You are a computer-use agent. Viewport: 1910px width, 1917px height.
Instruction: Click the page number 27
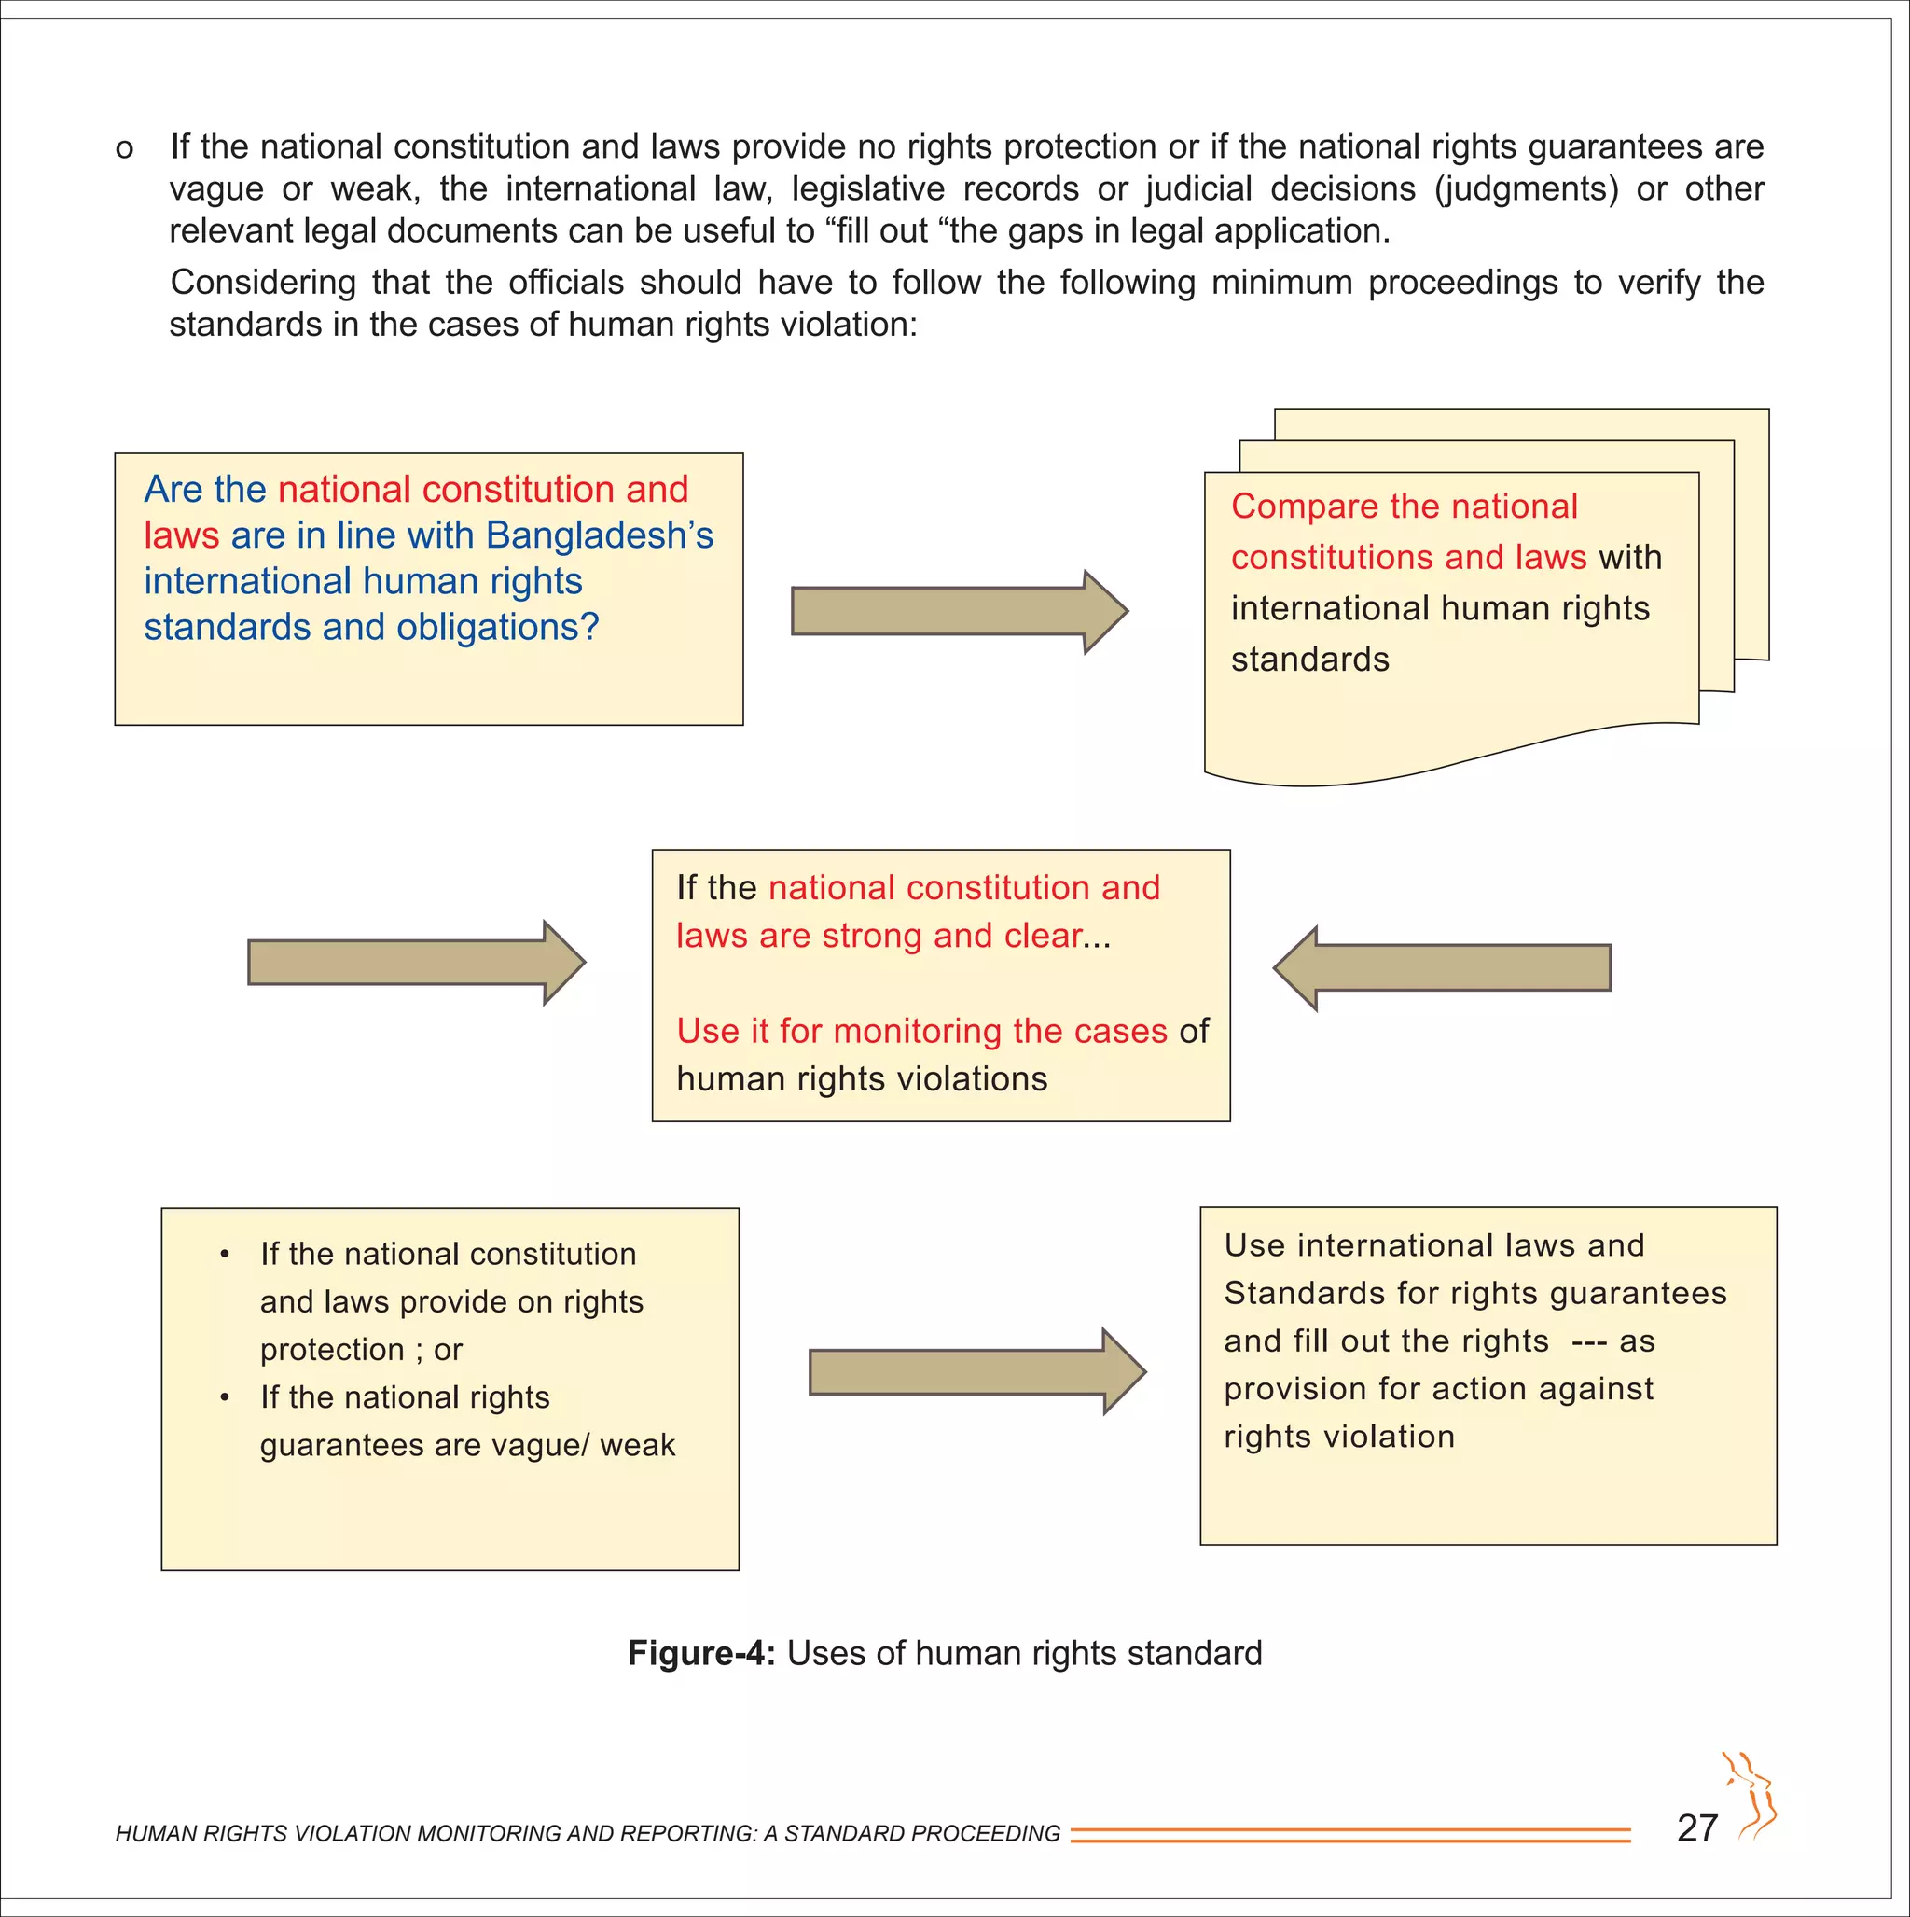point(1696,1827)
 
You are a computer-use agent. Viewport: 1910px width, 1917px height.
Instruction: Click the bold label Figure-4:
point(701,1654)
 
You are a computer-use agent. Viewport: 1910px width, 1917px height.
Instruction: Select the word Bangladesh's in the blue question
point(600,535)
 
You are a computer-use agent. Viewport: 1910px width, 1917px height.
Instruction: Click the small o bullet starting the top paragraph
point(124,150)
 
